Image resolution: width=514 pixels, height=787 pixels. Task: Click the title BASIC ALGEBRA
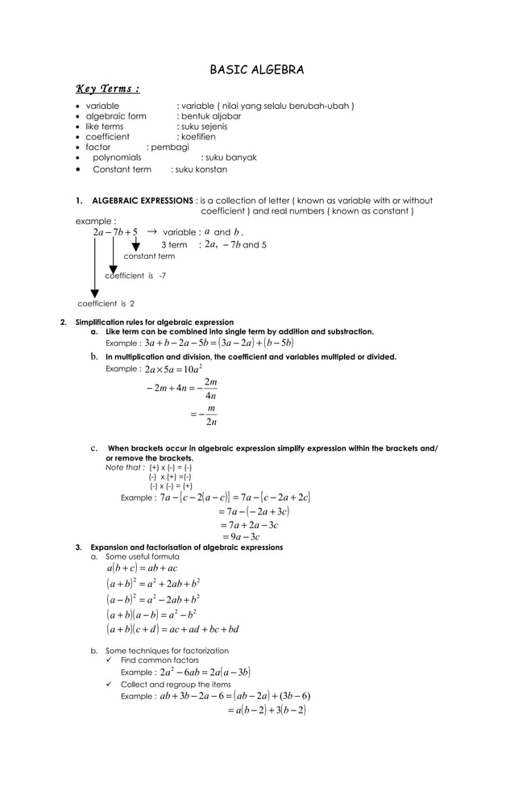pyautogui.click(x=257, y=70)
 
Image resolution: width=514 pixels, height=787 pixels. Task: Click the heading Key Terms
pyautogui.click(x=108, y=89)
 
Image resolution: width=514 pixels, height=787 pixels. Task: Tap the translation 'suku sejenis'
pyautogui.click(x=204, y=127)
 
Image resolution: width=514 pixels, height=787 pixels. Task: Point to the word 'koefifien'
pyautogui.click(x=198, y=137)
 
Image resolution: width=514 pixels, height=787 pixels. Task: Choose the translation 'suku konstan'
pyautogui.click(x=201, y=170)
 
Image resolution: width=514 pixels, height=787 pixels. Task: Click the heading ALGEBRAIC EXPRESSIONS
pyautogui.click(x=142, y=201)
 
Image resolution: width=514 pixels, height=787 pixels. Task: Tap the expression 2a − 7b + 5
pyautogui.click(x=115, y=232)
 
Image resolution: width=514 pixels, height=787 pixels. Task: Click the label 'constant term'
pyautogui.click(x=149, y=256)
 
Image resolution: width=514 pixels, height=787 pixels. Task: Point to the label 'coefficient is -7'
pyautogui.click(x=135, y=276)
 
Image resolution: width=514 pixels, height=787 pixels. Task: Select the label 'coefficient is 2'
pyautogui.click(x=106, y=304)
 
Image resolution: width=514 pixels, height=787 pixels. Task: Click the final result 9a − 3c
pyautogui.click(x=239, y=537)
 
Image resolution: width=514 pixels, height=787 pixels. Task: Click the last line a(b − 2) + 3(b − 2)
pyautogui.click(x=267, y=710)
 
